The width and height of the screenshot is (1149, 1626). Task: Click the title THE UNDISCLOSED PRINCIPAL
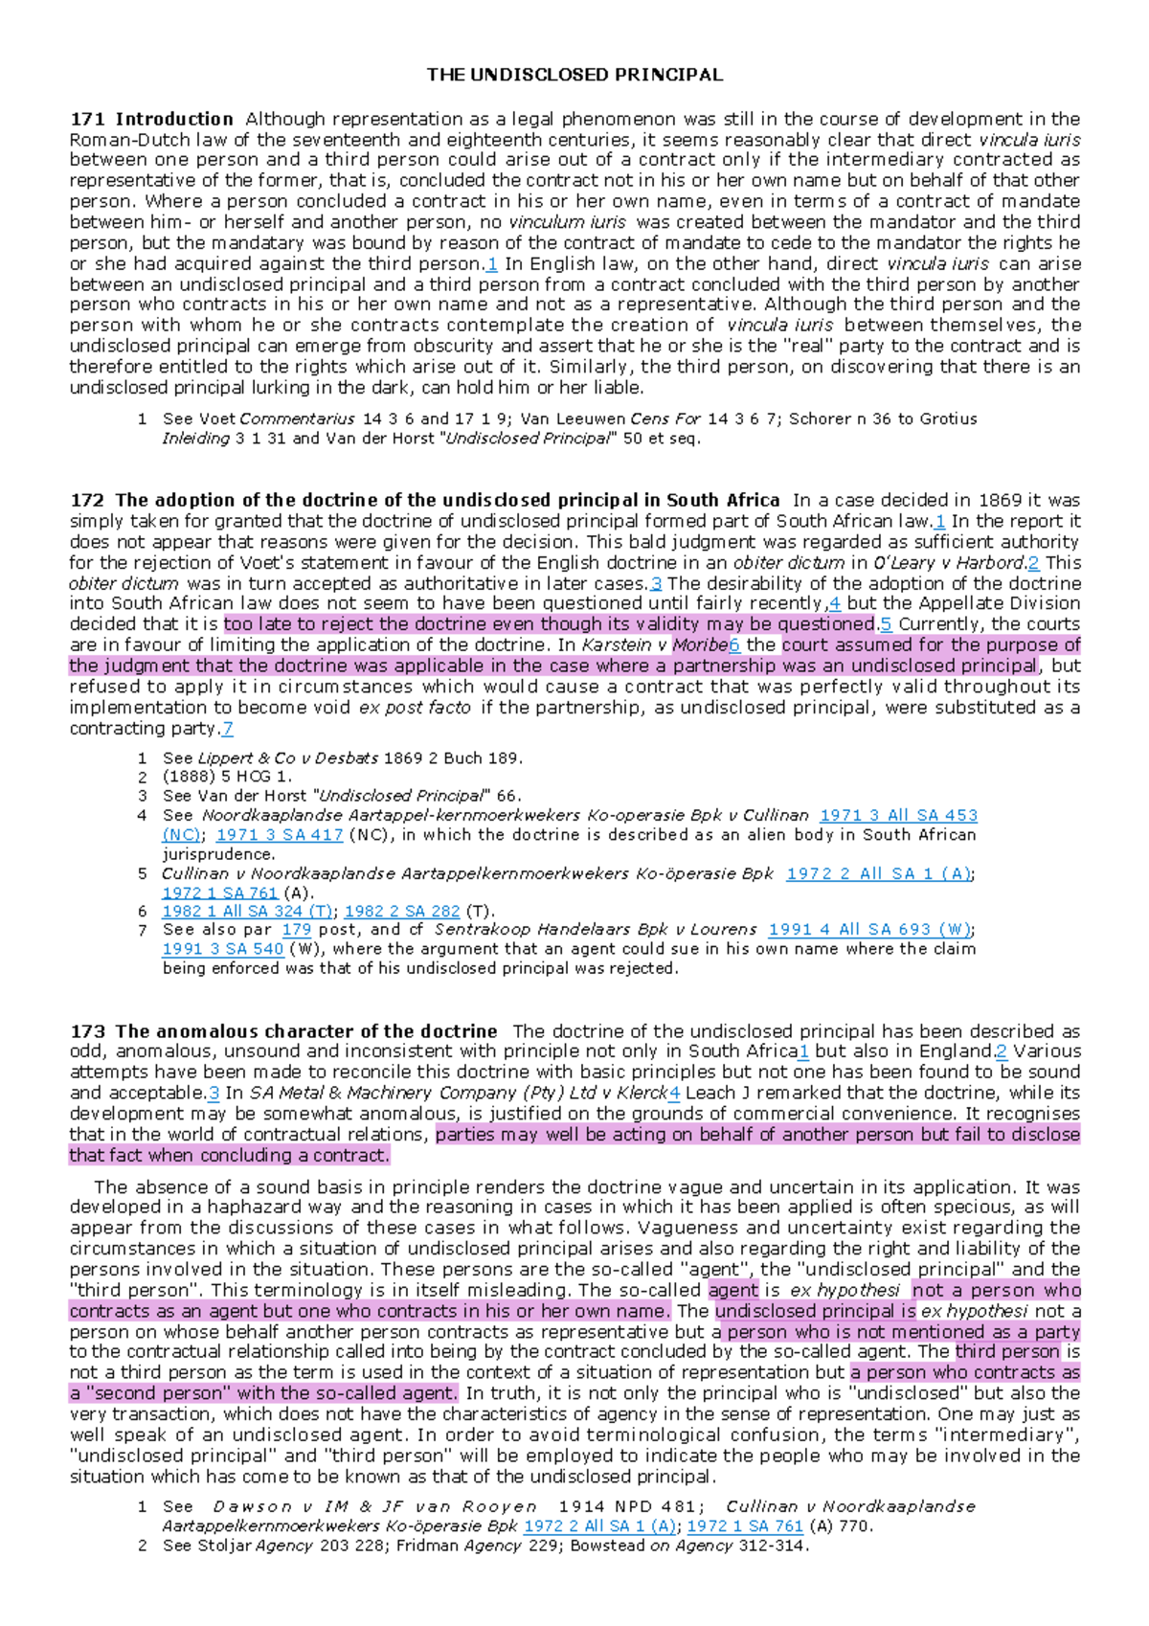[x=574, y=75]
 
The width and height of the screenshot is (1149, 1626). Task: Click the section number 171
[x=87, y=120]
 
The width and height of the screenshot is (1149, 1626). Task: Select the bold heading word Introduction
[x=174, y=120]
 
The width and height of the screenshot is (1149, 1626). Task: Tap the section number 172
[x=87, y=500]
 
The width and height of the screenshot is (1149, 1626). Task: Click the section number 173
[x=87, y=1031]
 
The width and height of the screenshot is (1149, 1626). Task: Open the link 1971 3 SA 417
[x=280, y=835]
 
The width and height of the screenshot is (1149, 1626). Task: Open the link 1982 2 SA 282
[x=402, y=912]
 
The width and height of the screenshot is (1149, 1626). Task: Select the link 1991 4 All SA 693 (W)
[x=870, y=930]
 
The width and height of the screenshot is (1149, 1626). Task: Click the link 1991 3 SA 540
[x=223, y=949]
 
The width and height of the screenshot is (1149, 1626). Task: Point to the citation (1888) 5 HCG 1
[x=227, y=778]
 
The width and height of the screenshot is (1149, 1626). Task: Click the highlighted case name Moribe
[x=700, y=645]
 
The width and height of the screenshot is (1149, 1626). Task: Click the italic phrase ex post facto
[x=415, y=708]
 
